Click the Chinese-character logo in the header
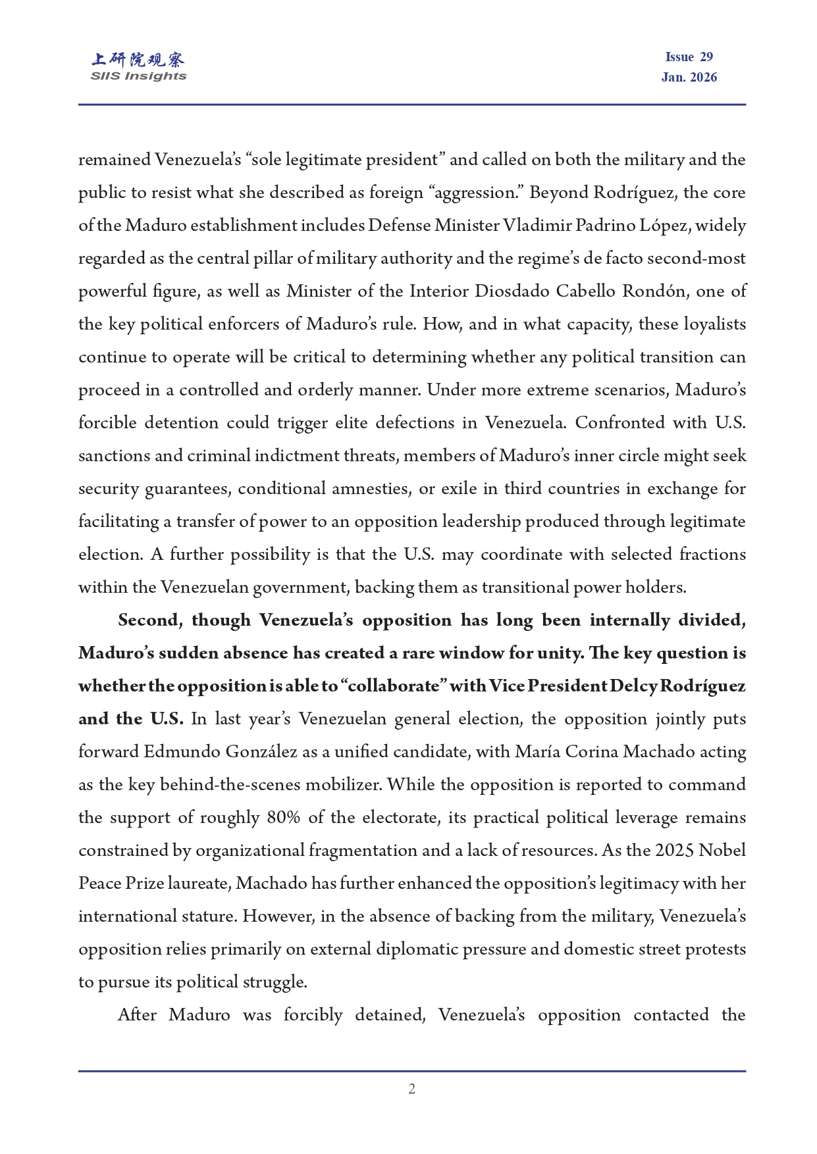click(138, 60)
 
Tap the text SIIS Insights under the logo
click(138, 76)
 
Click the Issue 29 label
click(689, 57)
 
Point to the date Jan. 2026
click(689, 78)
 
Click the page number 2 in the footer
click(411, 1089)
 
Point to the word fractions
click(712, 555)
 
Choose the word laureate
click(198, 884)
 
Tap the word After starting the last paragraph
click(137, 1015)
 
